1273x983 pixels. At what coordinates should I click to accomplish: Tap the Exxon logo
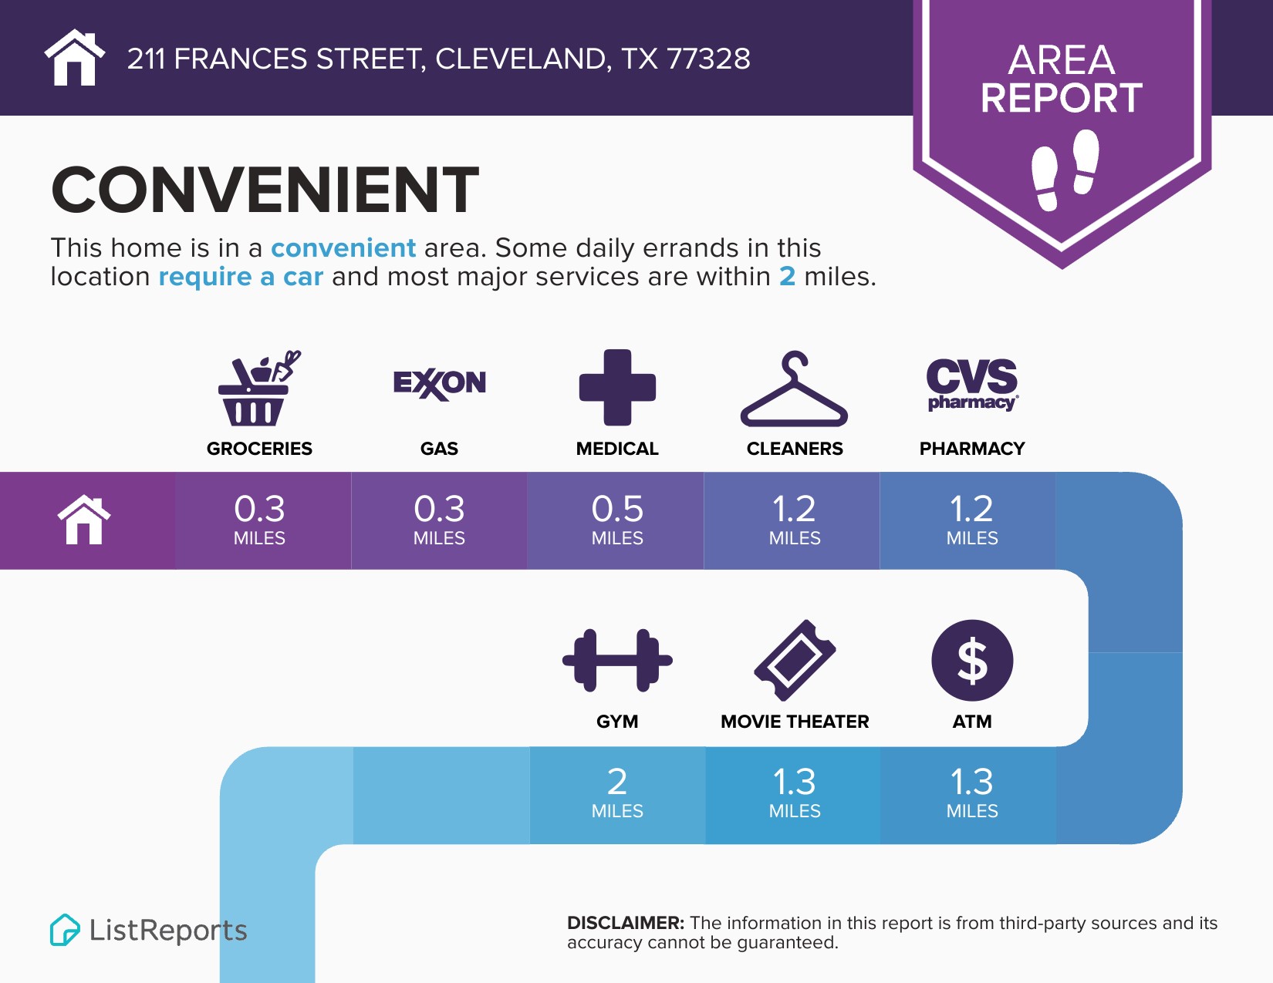pyautogui.click(x=439, y=384)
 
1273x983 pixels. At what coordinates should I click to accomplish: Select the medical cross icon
pyautogui.click(x=617, y=387)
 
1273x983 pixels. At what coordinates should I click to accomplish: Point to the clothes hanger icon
pyautogui.click(x=794, y=389)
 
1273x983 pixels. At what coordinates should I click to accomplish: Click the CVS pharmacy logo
pyautogui.click(x=972, y=385)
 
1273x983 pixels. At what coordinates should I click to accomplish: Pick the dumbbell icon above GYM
pyautogui.click(x=617, y=661)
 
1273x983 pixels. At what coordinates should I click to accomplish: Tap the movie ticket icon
pyautogui.click(x=795, y=660)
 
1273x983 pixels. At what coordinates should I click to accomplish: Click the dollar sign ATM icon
pyautogui.click(x=972, y=661)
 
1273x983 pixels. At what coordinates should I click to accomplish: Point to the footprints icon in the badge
pyautogui.click(x=1065, y=170)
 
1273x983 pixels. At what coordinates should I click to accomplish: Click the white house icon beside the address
pyautogui.click(x=74, y=57)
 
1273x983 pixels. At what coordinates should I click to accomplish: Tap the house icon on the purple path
pyautogui.click(x=84, y=520)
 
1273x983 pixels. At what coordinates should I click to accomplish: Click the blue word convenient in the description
pyautogui.click(x=343, y=247)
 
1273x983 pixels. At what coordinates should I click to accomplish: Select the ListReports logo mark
pyautogui.click(x=65, y=930)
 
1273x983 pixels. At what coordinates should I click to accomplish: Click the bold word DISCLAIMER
pyautogui.click(x=625, y=923)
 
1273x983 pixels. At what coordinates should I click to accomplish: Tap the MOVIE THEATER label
pyautogui.click(x=795, y=722)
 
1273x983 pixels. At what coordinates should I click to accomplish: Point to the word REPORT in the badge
pyautogui.click(x=1062, y=98)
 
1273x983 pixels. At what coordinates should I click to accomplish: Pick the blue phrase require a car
pyautogui.click(x=241, y=276)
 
